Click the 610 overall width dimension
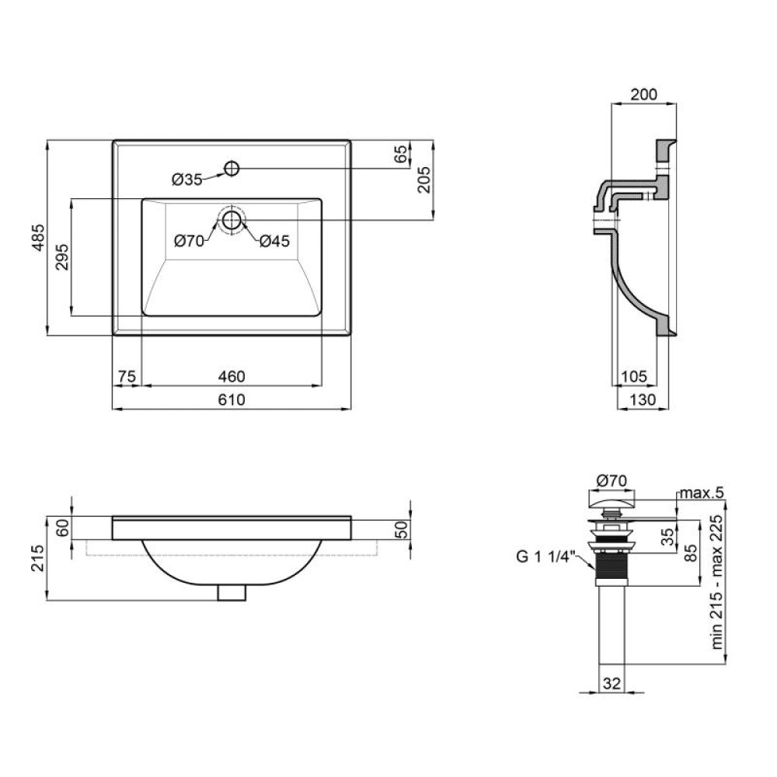(232, 399)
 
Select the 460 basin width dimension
(232, 377)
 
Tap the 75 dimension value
(127, 377)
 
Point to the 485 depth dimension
(39, 238)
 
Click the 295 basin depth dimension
(62, 256)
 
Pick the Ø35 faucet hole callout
(186, 179)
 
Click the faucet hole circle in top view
(232, 169)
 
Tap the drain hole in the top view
(232, 220)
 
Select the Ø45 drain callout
(274, 242)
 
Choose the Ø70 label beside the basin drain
(189, 242)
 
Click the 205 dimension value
(425, 179)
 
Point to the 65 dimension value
(402, 154)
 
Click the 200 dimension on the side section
(643, 94)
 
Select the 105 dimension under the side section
(634, 377)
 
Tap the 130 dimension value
(643, 399)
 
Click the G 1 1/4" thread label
(545, 556)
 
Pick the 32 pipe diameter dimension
(612, 683)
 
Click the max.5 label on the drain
(702, 493)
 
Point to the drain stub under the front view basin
(232, 593)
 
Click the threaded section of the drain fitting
(612, 570)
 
